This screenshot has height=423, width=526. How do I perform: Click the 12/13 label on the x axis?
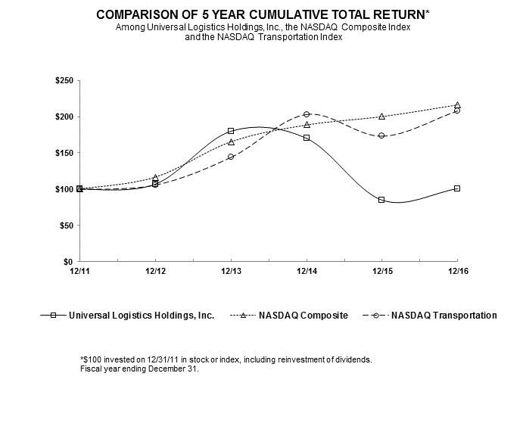(x=231, y=269)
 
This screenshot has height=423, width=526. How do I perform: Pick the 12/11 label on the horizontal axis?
(x=79, y=269)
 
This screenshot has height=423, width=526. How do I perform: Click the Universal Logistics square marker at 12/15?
(x=381, y=200)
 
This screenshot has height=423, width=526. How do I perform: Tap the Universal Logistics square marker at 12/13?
(x=231, y=131)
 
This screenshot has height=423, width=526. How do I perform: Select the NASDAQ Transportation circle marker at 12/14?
(x=306, y=114)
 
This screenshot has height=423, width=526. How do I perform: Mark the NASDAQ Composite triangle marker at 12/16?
(x=457, y=104)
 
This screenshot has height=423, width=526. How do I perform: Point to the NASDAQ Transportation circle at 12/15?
(x=381, y=135)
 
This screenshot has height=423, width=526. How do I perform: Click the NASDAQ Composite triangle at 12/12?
(x=155, y=177)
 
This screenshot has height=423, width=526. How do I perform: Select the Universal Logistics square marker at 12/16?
(x=457, y=188)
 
